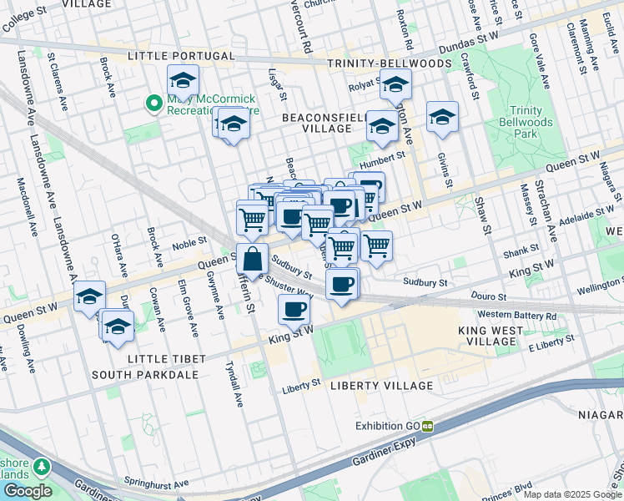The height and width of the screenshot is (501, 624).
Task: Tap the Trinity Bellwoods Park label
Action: pos(532,122)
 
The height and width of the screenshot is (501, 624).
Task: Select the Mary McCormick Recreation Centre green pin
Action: pos(153,104)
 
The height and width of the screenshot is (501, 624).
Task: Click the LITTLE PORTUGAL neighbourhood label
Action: pos(181,56)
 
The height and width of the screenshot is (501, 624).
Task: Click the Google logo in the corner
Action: pos(28,491)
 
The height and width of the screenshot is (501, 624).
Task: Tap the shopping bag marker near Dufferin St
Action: pos(252,259)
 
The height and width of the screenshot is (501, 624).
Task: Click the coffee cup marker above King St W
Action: pos(293,310)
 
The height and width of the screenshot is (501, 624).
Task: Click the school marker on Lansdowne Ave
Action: pos(89,296)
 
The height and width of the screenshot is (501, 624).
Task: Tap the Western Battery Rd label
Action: pos(516,316)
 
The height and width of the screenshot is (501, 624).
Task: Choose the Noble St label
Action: pos(189,245)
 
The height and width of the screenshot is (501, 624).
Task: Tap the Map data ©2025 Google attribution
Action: pos(572,494)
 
